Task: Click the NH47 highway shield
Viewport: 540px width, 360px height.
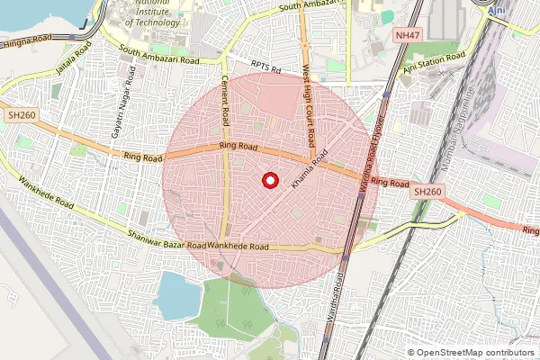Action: pyautogui.click(x=408, y=35)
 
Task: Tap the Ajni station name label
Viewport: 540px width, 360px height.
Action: pyautogui.click(x=496, y=10)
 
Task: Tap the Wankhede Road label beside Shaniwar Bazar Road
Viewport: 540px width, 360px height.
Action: pyautogui.click(x=238, y=246)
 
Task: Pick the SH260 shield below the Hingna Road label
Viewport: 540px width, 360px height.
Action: pyautogui.click(x=22, y=116)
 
